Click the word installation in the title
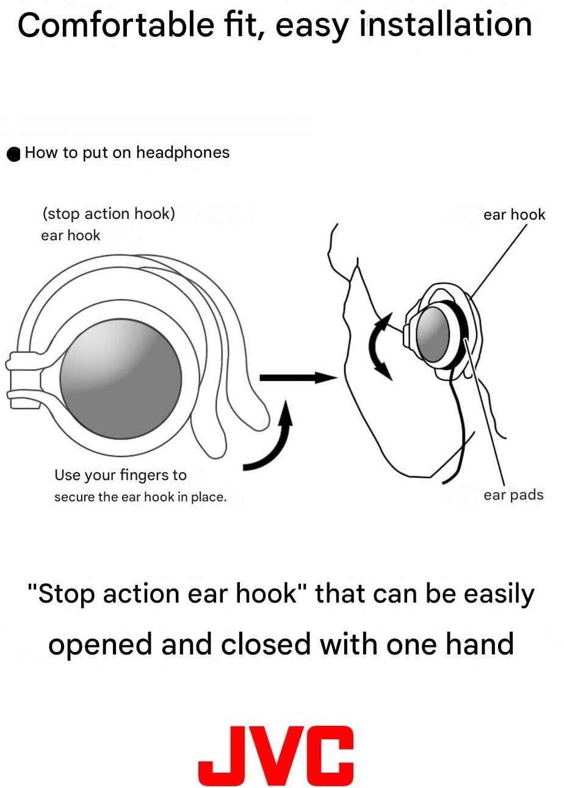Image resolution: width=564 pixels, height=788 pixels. point(446,26)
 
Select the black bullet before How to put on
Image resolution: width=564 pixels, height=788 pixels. point(14,154)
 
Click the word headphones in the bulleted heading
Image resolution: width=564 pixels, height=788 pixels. point(183,152)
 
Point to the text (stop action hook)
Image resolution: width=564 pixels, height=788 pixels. point(109,214)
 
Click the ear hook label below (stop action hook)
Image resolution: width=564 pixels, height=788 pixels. point(70,235)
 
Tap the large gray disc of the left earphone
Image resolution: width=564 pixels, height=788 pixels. point(120,378)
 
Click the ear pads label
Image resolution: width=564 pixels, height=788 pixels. point(513,495)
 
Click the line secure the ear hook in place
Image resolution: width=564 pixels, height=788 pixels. point(140,497)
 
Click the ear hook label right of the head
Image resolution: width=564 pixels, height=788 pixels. point(514,215)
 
